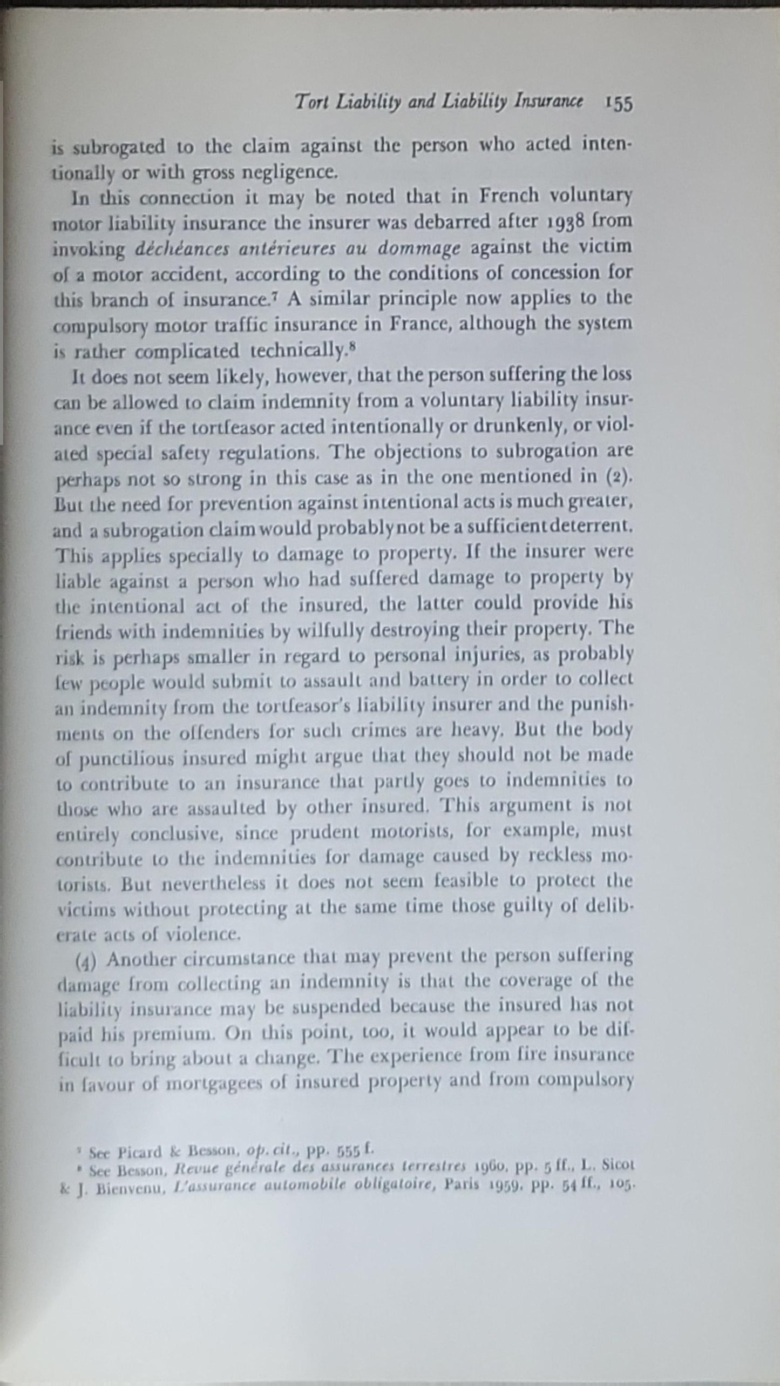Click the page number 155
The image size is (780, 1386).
[618, 104]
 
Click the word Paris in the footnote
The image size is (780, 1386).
[469, 1186]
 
